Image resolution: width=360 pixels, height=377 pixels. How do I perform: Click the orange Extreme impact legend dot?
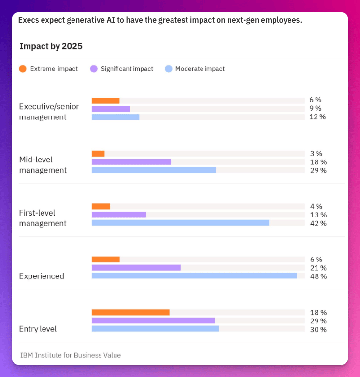[23, 69]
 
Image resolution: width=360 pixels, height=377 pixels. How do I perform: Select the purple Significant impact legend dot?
[94, 69]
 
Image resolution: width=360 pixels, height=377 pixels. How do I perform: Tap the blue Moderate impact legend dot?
[168, 69]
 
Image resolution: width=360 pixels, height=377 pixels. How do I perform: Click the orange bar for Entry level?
[130, 312]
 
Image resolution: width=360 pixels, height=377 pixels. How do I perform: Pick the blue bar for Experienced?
[194, 275]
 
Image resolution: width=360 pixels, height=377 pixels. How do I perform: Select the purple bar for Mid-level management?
[131, 162]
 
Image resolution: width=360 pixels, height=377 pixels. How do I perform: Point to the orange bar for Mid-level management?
[98, 154]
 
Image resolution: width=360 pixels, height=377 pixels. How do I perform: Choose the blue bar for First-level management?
[180, 223]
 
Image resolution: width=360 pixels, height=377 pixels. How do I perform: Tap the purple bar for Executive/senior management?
[111, 109]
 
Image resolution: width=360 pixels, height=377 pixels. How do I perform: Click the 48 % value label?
[318, 276]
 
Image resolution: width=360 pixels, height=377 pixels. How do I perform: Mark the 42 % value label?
[318, 223]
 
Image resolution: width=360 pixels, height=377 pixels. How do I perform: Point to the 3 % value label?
[316, 154]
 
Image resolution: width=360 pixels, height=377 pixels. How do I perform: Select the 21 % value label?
[318, 268]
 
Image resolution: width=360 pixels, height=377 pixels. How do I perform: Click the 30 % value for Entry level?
[318, 330]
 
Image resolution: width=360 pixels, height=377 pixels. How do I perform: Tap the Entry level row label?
[38, 329]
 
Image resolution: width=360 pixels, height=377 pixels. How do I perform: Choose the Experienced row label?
[42, 276]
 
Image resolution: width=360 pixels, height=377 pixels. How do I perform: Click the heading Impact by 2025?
[51, 46]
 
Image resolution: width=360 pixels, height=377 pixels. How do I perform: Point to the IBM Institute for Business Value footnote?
[71, 355]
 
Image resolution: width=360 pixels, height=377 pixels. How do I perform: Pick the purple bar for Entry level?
[153, 320]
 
